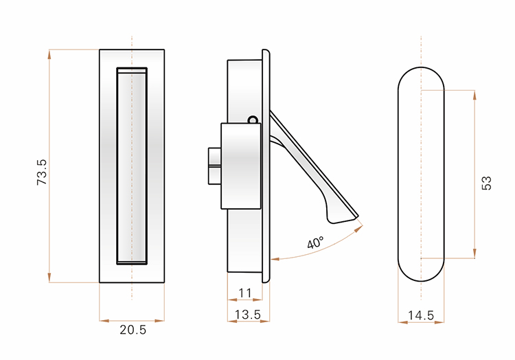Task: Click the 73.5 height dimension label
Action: (x=42, y=172)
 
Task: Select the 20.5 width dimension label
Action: (x=133, y=330)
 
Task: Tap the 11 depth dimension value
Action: (x=245, y=293)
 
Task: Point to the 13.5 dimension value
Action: (x=248, y=315)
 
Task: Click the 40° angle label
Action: (x=316, y=243)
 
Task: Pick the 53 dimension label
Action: (x=486, y=183)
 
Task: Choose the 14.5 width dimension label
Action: (x=421, y=315)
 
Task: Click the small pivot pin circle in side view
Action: (x=252, y=120)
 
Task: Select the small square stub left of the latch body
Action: (x=214, y=166)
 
